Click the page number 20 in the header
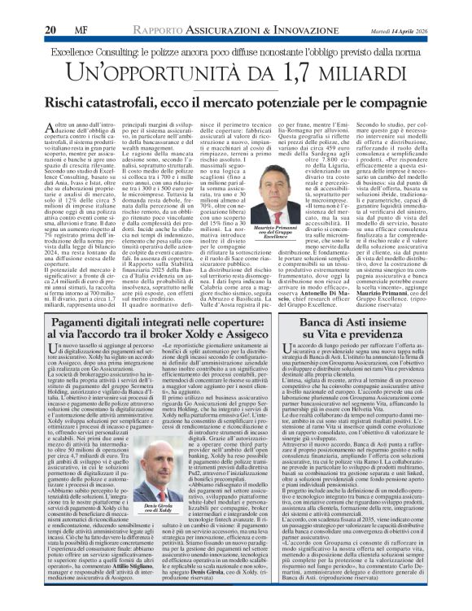tap(48, 29)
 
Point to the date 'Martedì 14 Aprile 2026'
tap(394, 30)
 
